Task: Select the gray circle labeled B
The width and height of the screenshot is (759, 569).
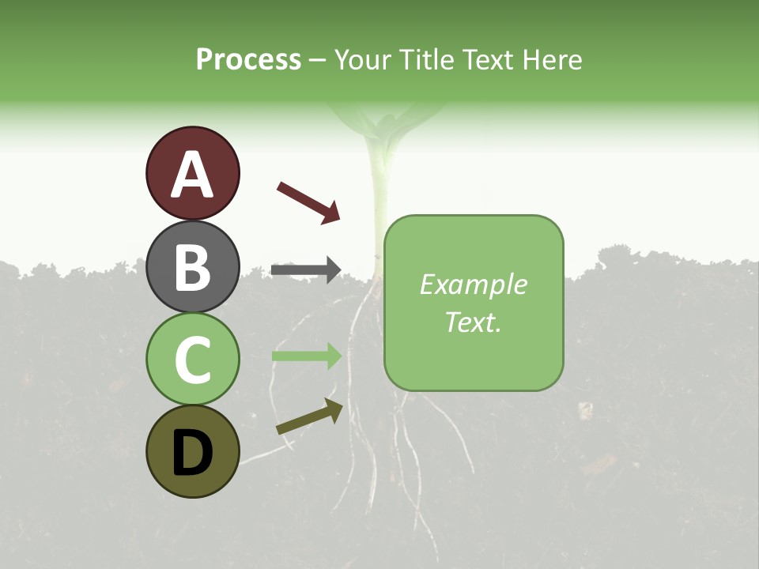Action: point(192,266)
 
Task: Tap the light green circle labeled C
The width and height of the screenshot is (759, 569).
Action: point(192,359)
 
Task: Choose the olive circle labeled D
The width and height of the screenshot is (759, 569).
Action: point(192,451)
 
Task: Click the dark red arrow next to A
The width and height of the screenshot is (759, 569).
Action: point(308,202)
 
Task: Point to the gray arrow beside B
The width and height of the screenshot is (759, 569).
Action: point(305,270)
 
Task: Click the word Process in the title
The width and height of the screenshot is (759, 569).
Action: point(248,59)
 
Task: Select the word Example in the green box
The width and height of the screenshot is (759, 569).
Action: point(473,284)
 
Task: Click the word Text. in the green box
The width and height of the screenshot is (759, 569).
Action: point(473,322)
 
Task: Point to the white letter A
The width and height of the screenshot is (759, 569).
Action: point(192,175)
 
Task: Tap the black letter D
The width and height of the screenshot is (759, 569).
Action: point(192,453)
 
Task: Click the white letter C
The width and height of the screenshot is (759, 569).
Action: point(192,360)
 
